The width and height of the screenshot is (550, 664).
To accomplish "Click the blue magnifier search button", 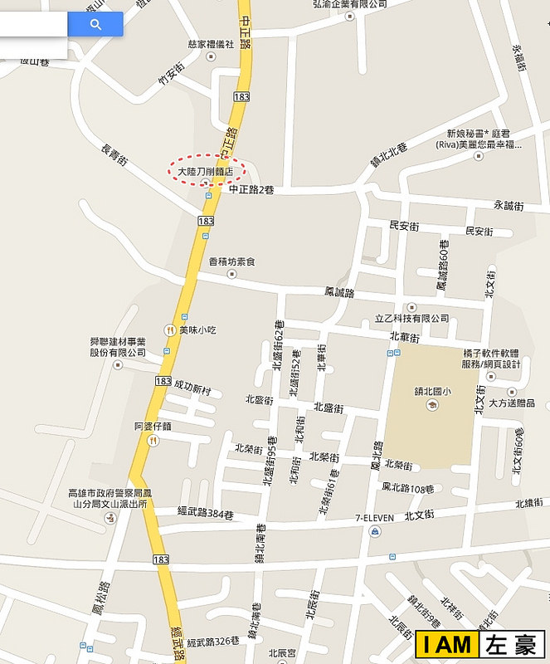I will [95, 25].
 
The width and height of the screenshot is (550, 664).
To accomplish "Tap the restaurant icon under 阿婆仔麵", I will [153, 441].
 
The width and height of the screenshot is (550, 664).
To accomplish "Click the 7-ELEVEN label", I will [375, 518].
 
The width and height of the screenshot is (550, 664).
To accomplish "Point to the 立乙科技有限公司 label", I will [411, 318].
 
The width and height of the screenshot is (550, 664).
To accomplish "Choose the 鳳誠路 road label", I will [338, 293].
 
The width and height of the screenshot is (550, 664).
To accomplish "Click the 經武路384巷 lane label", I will [206, 515].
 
